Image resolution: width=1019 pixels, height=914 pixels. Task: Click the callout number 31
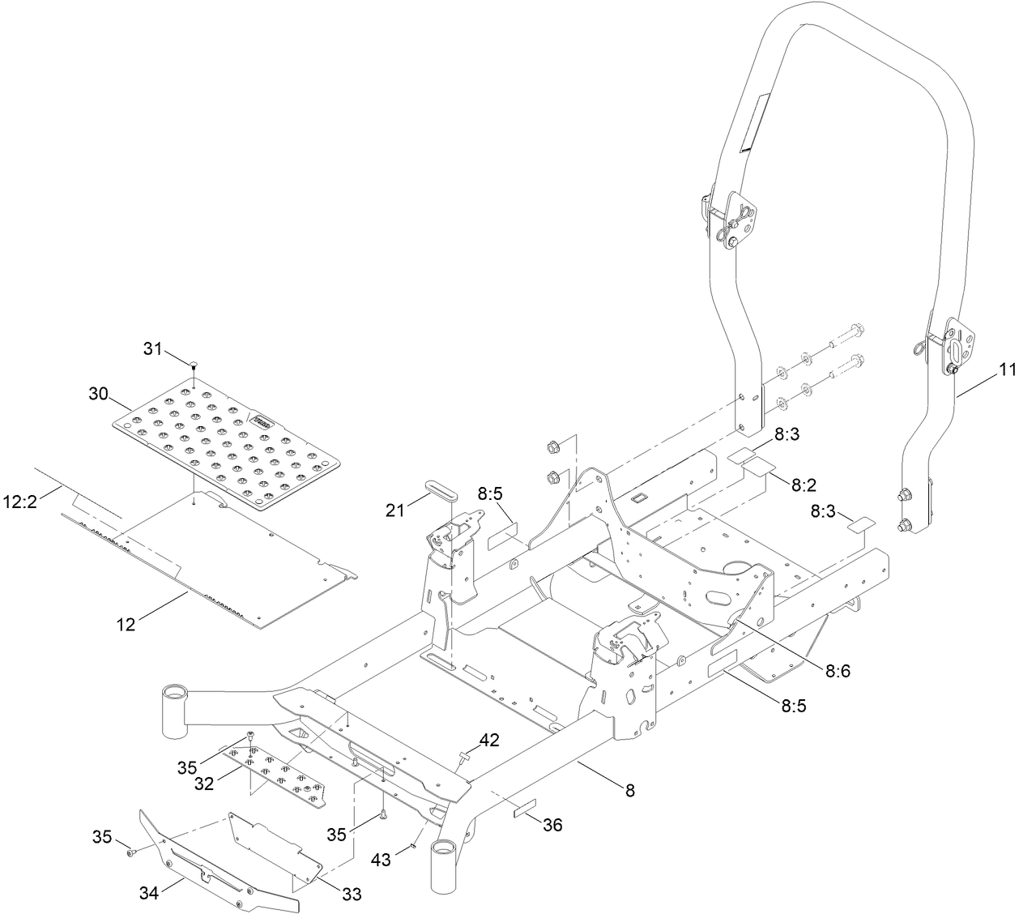[x=154, y=349]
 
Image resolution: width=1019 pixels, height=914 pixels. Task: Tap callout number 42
[x=488, y=739]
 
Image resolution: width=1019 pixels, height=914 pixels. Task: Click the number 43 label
[x=380, y=859]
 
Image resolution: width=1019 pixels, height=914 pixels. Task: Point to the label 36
[x=552, y=826]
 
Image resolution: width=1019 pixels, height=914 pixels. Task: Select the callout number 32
[x=204, y=784]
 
